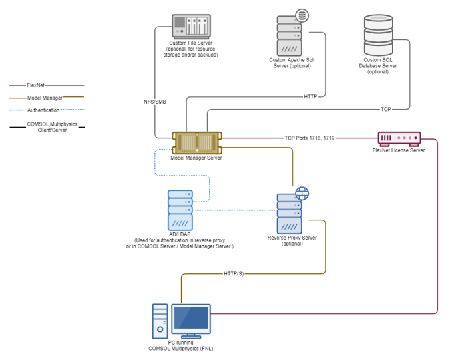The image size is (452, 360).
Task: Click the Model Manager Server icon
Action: pos(197,142)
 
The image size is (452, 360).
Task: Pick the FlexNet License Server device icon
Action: pos(399,138)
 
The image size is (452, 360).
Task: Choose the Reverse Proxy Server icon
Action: pos(290,212)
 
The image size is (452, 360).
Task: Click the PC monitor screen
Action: pos(190,319)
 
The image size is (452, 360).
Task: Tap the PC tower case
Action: pos(160,321)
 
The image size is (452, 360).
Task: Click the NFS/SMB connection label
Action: pos(156,102)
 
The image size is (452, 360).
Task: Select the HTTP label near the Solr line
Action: pos(311,96)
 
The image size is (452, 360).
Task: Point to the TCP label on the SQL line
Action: pos(386,109)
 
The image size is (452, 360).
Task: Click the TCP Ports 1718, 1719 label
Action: pos(309,138)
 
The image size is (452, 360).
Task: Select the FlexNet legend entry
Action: pos(36,85)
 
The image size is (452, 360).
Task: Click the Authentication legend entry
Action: pos(43,110)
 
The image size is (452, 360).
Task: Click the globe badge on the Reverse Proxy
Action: pos(302,194)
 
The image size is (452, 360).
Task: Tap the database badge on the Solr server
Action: pos(302,15)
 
